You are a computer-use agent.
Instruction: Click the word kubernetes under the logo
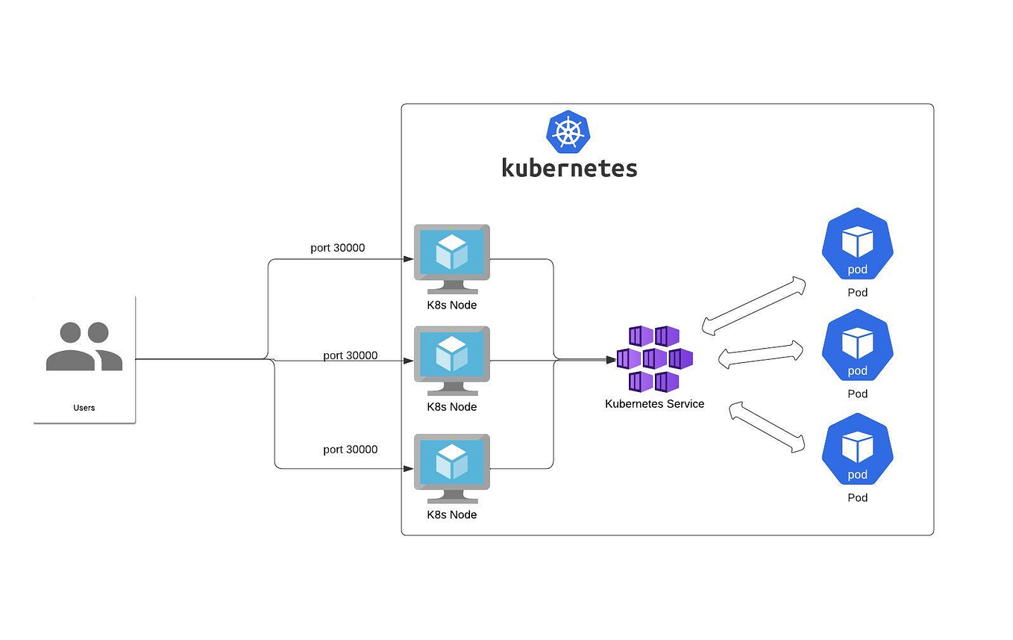click(569, 167)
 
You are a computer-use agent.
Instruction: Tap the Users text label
click(84, 408)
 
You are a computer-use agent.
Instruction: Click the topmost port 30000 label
click(337, 248)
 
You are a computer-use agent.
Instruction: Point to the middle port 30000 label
click(350, 355)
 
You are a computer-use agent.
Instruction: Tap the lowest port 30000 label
click(350, 450)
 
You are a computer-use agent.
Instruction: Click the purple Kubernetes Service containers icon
click(655, 358)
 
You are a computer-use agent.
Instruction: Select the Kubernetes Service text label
click(654, 404)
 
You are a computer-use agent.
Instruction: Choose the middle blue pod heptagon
click(857, 346)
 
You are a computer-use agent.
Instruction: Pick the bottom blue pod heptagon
click(857, 450)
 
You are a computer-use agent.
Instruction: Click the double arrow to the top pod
click(754, 305)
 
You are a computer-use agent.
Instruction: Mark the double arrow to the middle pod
click(761, 354)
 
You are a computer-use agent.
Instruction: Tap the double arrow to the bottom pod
click(768, 426)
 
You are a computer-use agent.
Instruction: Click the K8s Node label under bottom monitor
click(451, 515)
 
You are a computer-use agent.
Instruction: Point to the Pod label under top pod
click(857, 293)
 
